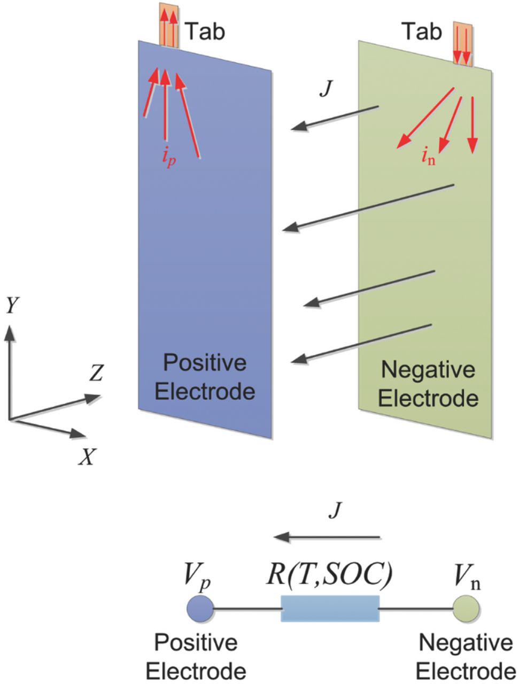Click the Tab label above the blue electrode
coord(205,32)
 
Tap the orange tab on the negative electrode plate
coord(462,44)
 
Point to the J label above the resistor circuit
coord(335,511)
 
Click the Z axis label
coord(96,375)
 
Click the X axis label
coord(86,456)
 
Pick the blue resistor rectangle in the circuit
coord(330,608)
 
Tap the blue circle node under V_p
coord(200,608)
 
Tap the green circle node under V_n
coord(465,608)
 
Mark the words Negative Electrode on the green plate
coord(428,384)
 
